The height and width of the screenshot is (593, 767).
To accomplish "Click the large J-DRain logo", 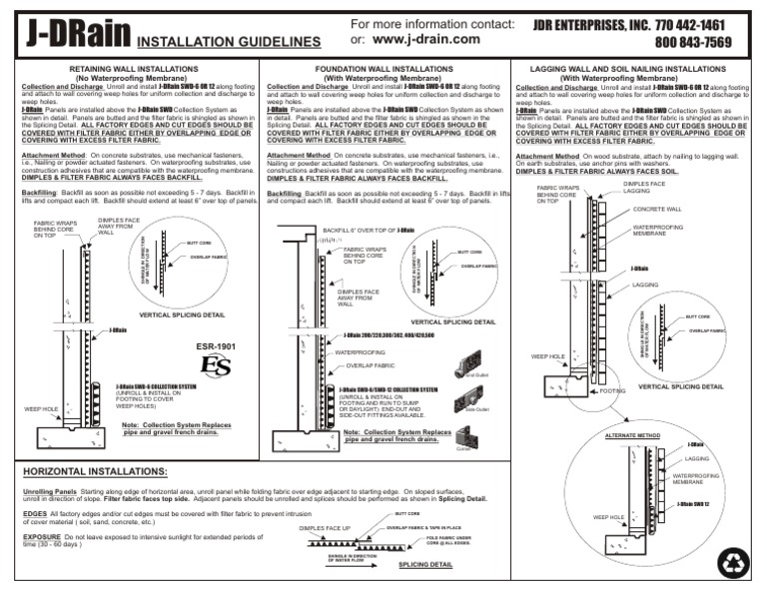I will (x=67, y=33).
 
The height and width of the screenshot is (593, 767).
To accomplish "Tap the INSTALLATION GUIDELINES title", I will (x=228, y=43).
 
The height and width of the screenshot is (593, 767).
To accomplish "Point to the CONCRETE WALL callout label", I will (x=658, y=210).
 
